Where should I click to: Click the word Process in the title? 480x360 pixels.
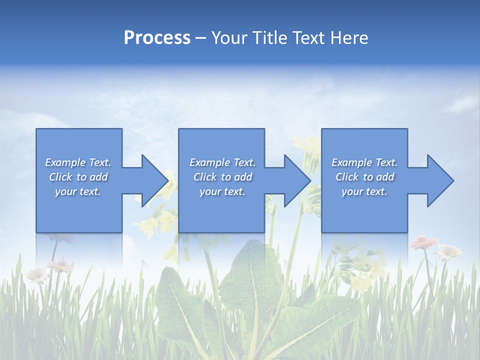click(157, 38)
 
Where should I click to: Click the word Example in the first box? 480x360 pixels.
click(65, 162)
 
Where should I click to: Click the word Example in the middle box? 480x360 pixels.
click(209, 162)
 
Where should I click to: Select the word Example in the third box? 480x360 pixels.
click(351, 162)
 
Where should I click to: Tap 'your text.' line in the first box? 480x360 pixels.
click(78, 191)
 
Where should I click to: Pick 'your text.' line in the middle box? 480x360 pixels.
click(222, 191)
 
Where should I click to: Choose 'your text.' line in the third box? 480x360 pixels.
click(364, 191)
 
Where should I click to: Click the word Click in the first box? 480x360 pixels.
click(61, 177)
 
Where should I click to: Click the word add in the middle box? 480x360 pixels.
click(243, 177)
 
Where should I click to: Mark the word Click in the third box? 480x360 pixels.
click(347, 177)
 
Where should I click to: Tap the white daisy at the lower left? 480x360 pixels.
click(37, 274)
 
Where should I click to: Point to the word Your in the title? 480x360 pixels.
click(229, 38)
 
